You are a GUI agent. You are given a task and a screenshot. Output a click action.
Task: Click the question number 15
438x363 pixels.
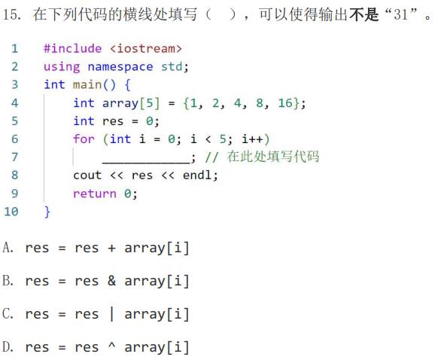pyautogui.click(x=12, y=14)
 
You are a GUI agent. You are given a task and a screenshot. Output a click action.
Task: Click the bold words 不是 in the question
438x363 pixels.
pyautogui.click(x=363, y=14)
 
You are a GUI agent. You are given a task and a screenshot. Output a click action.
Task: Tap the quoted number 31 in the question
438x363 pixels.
pyautogui.click(x=400, y=14)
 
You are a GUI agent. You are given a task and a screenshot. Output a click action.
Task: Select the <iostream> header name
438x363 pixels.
pyautogui.click(x=146, y=49)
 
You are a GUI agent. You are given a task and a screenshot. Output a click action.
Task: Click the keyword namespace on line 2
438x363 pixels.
pyautogui.click(x=120, y=67)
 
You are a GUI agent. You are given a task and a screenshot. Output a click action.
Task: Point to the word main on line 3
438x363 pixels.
pyautogui.click(x=87, y=84)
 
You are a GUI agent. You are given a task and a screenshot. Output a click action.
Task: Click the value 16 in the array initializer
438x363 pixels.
pyautogui.click(x=285, y=103)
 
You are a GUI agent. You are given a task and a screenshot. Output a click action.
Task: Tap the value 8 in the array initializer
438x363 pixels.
pyautogui.click(x=260, y=103)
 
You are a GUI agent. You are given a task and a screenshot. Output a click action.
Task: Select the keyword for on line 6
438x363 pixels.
pyautogui.click(x=84, y=139)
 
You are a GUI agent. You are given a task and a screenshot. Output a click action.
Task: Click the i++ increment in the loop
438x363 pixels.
pyautogui.click(x=253, y=139)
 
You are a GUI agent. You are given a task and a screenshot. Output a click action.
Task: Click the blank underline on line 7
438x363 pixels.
pyautogui.click(x=146, y=162)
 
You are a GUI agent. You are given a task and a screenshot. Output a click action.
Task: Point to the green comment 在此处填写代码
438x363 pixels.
pyautogui.click(x=272, y=157)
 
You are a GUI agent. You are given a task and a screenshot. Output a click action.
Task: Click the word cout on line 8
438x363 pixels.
pyautogui.click(x=87, y=175)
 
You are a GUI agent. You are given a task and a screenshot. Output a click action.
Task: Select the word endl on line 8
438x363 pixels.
pyautogui.click(x=197, y=175)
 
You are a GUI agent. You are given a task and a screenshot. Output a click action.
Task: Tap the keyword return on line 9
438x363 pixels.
pyautogui.click(x=95, y=194)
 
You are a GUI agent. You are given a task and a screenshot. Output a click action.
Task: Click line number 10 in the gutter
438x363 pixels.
pyautogui.click(x=11, y=212)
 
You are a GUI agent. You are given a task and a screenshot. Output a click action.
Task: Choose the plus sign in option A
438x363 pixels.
pyautogui.click(x=111, y=248)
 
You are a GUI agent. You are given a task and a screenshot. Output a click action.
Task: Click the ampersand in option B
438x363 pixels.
pyautogui.click(x=111, y=281)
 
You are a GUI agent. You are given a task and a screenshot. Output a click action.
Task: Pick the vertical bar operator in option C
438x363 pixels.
pyautogui.click(x=111, y=314)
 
